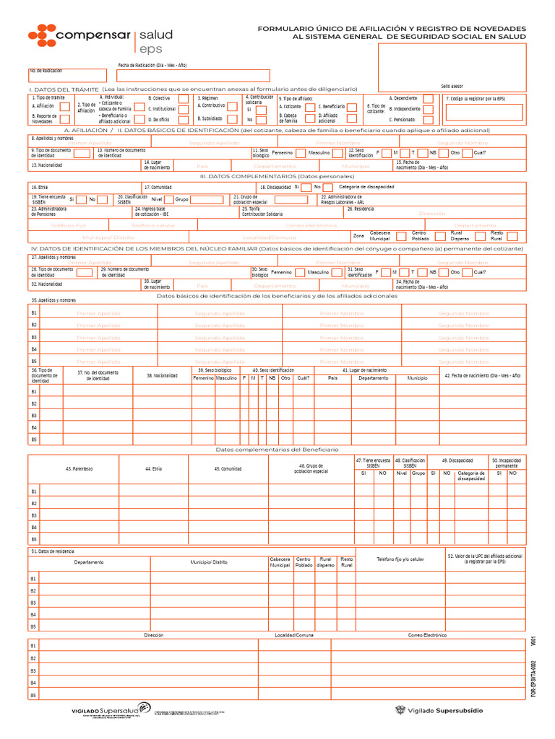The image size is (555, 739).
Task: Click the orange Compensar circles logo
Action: pos(42,35)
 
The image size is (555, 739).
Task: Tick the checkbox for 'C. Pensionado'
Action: pos(429,120)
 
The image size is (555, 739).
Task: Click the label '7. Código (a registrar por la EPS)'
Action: pos(475,98)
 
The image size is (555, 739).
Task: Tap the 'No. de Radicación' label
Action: pos(46,71)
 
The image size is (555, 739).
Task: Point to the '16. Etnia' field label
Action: pos(39,187)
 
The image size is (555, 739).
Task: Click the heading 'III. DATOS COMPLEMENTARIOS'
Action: pos(277,176)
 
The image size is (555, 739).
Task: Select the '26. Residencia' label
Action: pos(360,209)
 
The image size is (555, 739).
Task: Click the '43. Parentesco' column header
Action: pos(79,469)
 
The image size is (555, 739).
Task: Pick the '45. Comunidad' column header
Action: pos(228,469)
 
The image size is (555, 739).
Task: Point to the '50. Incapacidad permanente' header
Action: pos(506,463)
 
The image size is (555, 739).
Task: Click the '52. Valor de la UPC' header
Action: pos(484,559)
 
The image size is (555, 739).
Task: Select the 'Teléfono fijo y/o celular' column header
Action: pos(400,559)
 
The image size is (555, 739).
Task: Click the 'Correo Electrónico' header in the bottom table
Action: pos(427,635)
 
